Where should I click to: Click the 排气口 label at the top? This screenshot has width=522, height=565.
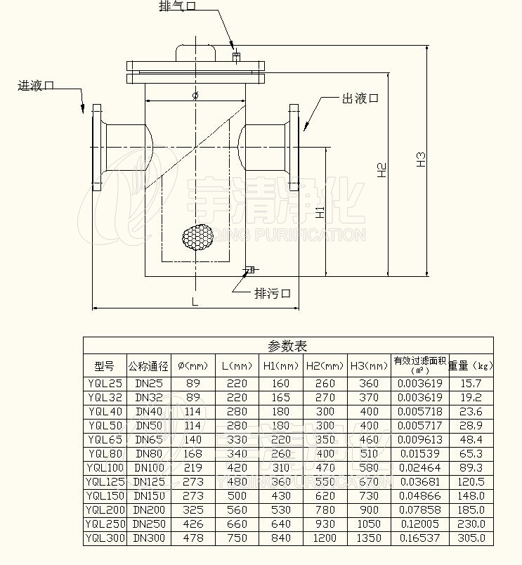[x=177, y=6]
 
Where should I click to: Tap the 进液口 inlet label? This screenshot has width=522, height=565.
[x=37, y=86]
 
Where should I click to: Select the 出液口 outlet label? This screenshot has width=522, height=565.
[x=360, y=98]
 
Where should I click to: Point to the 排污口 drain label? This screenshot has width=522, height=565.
[x=272, y=293]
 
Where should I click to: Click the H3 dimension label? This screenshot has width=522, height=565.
[x=420, y=159]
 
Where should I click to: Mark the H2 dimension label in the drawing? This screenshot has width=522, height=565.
[x=381, y=169]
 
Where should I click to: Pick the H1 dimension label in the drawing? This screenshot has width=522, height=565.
[x=320, y=212]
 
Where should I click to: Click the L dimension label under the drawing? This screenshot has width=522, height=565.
[x=195, y=301]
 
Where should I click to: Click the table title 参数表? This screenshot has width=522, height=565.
[x=288, y=346]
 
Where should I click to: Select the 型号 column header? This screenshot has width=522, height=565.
[x=104, y=366]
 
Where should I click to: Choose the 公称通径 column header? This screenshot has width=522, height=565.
[x=148, y=366]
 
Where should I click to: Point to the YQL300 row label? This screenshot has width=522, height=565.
[x=105, y=538]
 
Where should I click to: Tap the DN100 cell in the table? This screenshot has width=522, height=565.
[x=148, y=468]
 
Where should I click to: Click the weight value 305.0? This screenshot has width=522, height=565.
[x=471, y=538]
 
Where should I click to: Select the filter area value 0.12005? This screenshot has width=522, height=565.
[x=419, y=524]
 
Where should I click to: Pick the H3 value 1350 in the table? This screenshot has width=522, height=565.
[x=369, y=538]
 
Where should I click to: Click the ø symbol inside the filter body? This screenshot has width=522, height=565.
[x=195, y=95]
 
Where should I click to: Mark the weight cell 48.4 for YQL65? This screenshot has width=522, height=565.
[x=471, y=440]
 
